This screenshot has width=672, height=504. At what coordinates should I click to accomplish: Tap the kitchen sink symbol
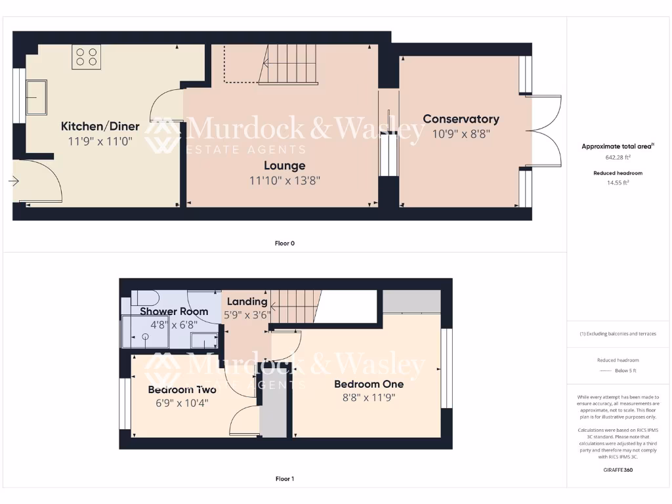pos(35,97)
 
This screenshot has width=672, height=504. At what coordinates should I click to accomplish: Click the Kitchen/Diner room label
pos(100,127)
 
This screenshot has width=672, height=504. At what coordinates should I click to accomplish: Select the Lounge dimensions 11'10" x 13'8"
pos(285,180)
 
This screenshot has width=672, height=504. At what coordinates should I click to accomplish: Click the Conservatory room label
pos(461,119)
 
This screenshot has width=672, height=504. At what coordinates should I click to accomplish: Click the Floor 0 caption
pos(285,243)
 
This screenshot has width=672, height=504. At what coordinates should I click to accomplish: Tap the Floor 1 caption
pos(285,479)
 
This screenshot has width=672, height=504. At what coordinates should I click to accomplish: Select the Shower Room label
pos(174,311)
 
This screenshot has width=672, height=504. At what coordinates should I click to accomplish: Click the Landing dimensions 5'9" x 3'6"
pos(247,314)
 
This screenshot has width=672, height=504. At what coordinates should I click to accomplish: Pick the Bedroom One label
pos(366,384)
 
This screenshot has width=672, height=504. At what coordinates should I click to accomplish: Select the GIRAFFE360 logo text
pos(618,470)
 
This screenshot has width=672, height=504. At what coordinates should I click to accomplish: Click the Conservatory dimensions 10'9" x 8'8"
pos(461,133)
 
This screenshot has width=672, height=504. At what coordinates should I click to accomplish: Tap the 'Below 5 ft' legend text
pos(625,371)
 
